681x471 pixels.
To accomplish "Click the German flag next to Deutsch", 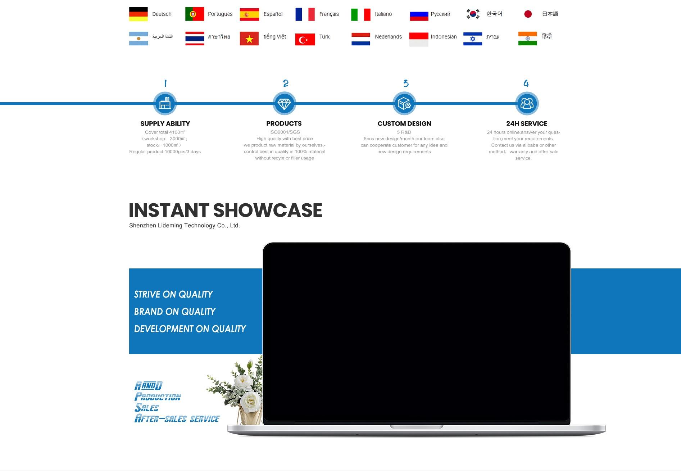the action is click(139, 14).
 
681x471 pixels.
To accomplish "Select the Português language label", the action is click(220, 14).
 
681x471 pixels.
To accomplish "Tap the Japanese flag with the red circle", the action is click(528, 14).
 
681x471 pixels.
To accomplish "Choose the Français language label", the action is click(329, 14).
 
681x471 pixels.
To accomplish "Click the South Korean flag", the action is click(473, 14).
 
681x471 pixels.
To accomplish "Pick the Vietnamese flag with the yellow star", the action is click(249, 39).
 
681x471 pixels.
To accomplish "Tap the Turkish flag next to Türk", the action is click(305, 39).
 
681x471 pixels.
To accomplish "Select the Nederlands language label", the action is click(388, 37).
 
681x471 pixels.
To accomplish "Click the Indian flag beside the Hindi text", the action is click(527, 39).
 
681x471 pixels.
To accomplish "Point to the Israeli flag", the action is click(473, 39).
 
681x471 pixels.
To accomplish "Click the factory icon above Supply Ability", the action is click(165, 104).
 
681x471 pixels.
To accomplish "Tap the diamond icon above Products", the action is click(284, 104).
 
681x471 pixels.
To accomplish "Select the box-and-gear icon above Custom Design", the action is click(404, 104).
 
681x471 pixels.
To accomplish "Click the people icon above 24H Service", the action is click(527, 104).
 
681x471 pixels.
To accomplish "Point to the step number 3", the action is click(406, 83).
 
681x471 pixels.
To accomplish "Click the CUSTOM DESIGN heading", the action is click(404, 123).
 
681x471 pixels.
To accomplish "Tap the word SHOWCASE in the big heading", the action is click(268, 210).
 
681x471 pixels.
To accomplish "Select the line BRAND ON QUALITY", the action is click(175, 312).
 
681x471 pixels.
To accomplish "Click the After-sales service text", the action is click(177, 418).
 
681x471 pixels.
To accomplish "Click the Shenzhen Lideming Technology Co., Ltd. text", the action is click(185, 226).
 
